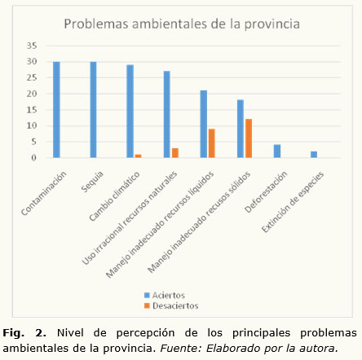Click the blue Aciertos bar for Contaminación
(x=56, y=109)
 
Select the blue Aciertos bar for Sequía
(x=93, y=109)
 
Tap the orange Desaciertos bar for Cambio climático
(x=138, y=156)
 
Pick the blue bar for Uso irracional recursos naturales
(x=167, y=114)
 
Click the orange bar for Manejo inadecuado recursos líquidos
(x=212, y=143)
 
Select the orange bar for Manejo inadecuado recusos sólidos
(x=249, y=138)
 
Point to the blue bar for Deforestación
(x=277, y=151)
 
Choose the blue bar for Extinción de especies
(x=314, y=154)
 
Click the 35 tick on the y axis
(x=32, y=46)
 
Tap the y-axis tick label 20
(x=32, y=94)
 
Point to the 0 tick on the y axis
(x=33, y=158)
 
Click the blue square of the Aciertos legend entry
(x=147, y=295)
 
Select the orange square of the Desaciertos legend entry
(x=147, y=305)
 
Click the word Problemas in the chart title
(x=96, y=24)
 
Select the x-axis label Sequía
(x=92, y=182)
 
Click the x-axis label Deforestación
(x=266, y=191)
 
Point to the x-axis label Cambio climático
(x=114, y=196)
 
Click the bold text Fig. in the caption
(x=13, y=333)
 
